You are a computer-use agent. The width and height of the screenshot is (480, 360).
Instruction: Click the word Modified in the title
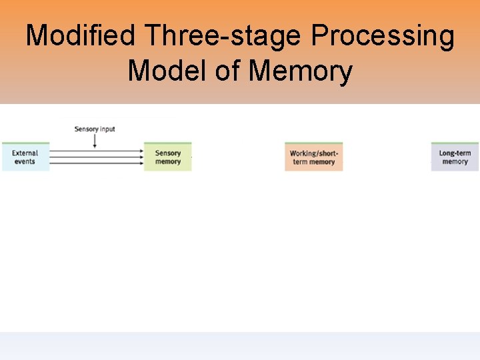tap(83, 36)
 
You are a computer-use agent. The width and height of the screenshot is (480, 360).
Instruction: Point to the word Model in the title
tap(167, 70)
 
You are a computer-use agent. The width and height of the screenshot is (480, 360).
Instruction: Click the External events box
tap(25, 157)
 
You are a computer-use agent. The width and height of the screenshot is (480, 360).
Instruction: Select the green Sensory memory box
tap(167, 157)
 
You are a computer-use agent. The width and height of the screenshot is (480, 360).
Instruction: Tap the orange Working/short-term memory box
tap(313, 157)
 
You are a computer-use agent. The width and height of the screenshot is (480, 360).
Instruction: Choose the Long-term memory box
tap(455, 157)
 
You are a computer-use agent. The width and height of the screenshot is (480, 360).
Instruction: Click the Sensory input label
tap(95, 129)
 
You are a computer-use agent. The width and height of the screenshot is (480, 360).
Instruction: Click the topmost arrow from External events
tap(97, 149)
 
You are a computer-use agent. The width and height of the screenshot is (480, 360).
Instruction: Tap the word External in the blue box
tap(25, 153)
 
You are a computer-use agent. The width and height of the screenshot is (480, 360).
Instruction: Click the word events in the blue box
tap(25, 161)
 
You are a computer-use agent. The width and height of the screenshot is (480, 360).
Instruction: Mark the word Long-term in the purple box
tap(455, 153)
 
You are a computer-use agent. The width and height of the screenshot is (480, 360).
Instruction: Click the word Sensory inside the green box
tap(168, 153)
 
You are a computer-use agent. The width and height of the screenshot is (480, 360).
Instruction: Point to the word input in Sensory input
tap(107, 129)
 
